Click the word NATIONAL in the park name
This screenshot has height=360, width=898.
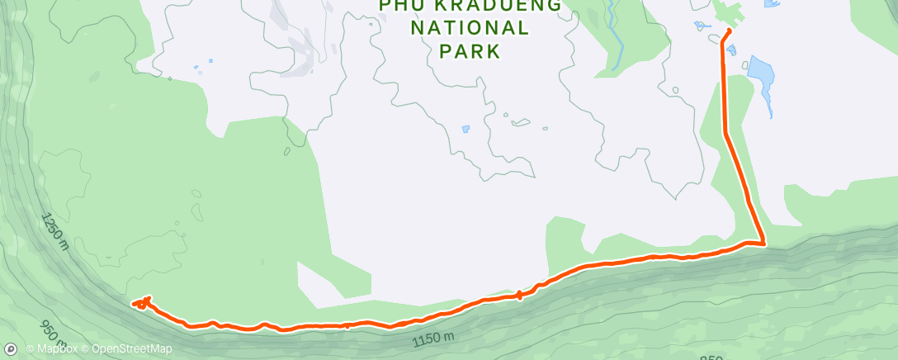(470, 28)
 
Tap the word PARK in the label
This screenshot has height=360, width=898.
(470, 51)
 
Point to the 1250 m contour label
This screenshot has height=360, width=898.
(52, 230)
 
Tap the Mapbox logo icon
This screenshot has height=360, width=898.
(11, 349)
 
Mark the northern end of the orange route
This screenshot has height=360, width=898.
(729, 31)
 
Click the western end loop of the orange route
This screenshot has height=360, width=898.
(142, 303)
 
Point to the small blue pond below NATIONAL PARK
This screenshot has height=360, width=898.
(466, 129)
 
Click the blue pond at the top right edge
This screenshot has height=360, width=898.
(772, 3)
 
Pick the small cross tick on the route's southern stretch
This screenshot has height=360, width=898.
(518, 295)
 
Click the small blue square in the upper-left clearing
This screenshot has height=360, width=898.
(210, 60)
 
